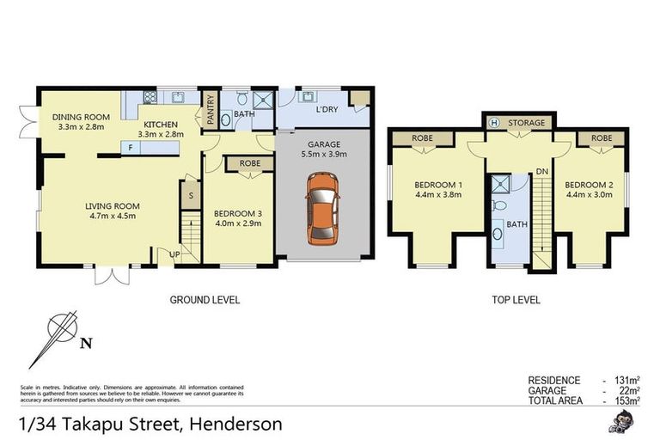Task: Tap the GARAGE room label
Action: [x=321, y=144]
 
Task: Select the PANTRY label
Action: [x=210, y=110]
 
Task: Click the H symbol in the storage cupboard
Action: [x=494, y=123]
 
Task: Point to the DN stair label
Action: [x=542, y=172]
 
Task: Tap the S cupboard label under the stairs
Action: [x=191, y=196]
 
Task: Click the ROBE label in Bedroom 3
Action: [x=250, y=162]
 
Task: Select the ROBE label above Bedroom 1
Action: [x=421, y=137]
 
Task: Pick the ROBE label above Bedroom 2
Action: [x=601, y=137]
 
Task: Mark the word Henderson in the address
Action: [x=236, y=424]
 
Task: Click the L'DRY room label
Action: [x=327, y=110]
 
